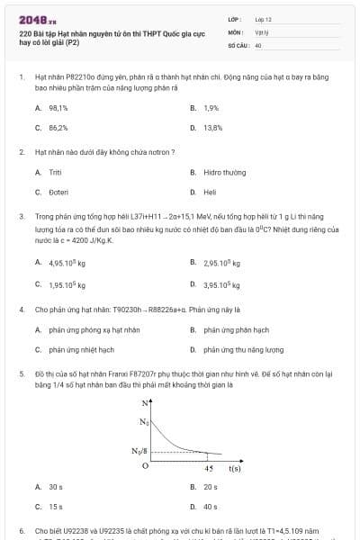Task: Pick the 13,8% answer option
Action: click(212, 127)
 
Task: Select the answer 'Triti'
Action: click(55, 171)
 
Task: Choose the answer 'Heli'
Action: click(210, 191)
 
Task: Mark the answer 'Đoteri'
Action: click(58, 191)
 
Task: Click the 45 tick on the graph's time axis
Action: click(209, 468)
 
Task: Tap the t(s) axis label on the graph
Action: click(234, 468)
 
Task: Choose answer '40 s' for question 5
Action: click(211, 506)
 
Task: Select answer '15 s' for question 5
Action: click(56, 506)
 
